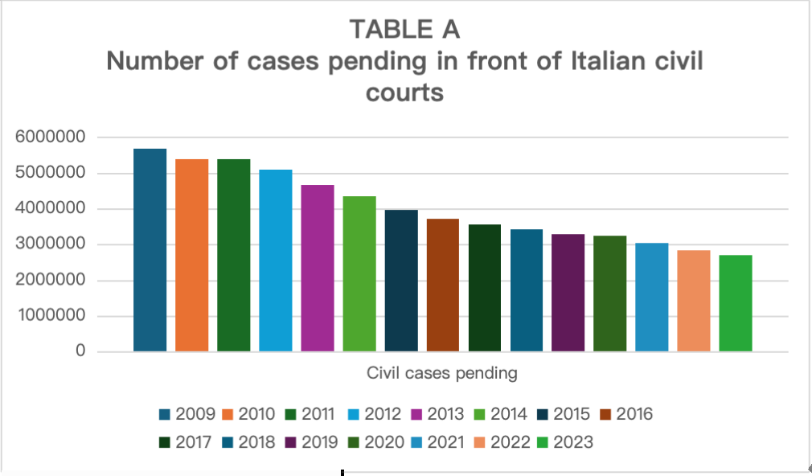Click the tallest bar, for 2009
click(x=150, y=250)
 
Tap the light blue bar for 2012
click(x=275, y=261)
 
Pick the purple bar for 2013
click(x=317, y=269)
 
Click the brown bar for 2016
click(x=442, y=285)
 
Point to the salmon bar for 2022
click(x=693, y=301)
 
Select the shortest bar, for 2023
click(x=735, y=303)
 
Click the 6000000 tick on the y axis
click(x=51, y=138)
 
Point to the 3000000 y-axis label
click(x=51, y=245)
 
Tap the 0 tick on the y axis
click(x=81, y=352)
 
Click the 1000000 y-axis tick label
click(x=51, y=317)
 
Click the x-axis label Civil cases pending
click(x=441, y=373)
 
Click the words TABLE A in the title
click(x=404, y=29)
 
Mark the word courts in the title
click(x=404, y=92)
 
